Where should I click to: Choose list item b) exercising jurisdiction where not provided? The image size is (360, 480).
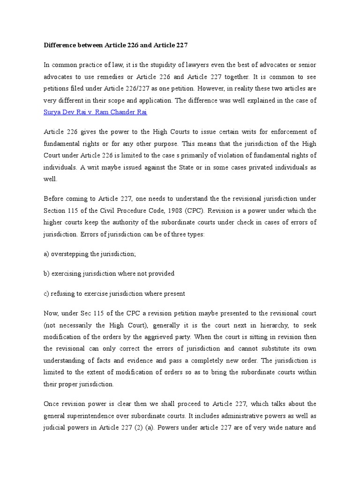109,274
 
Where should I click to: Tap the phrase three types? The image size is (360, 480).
187,234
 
